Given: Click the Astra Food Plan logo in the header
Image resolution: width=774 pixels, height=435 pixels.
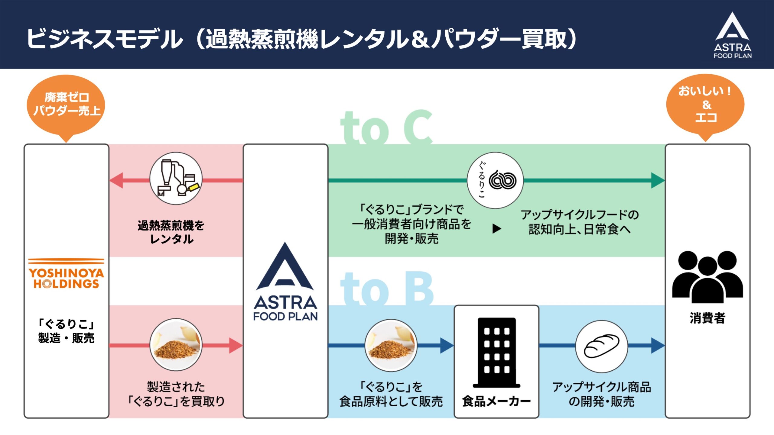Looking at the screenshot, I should tap(732, 35).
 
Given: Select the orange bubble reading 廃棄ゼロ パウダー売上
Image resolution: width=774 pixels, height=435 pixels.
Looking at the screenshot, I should tap(66, 104).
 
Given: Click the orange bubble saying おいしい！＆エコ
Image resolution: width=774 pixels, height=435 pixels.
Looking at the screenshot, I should tap(705, 104).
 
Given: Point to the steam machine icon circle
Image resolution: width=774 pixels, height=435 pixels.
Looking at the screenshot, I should tap(176, 179).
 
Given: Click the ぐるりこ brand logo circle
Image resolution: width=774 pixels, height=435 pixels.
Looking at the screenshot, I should tap(495, 180).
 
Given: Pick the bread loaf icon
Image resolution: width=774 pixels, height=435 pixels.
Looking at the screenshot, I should tap(601, 346).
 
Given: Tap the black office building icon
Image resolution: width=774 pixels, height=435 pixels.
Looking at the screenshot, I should tap(496, 352).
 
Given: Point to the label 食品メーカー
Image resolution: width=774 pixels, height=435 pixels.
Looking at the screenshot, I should tap(496, 401).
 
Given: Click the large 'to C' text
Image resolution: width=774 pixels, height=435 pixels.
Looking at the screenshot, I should tap(386, 127).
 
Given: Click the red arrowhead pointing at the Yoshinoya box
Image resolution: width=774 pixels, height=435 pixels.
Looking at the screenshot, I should tap(117, 180).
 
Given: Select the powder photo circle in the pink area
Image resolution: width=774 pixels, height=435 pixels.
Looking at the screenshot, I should tap(176, 345).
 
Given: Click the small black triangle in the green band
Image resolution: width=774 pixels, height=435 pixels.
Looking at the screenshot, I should tap(496, 228).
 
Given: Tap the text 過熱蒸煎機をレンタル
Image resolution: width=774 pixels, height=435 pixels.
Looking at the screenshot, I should tap(171, 232).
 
